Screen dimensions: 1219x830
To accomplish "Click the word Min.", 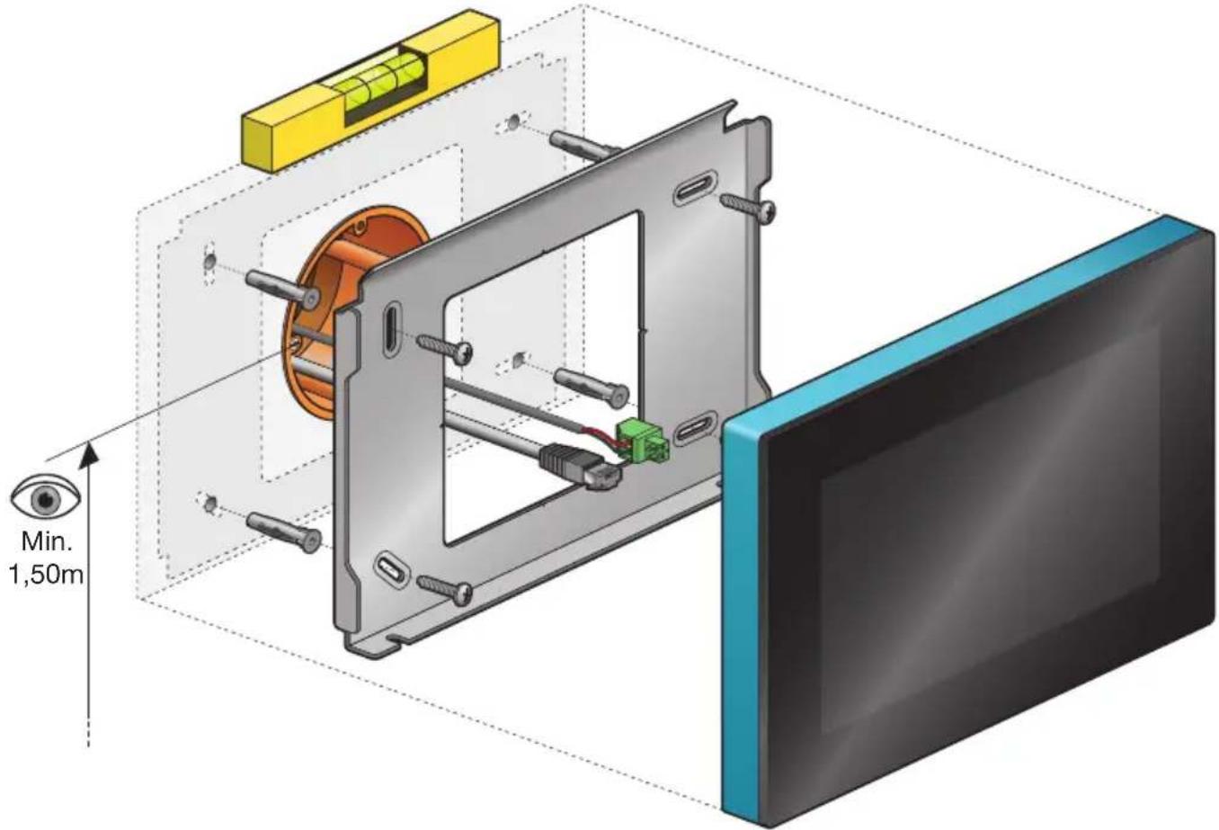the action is pos(47,541).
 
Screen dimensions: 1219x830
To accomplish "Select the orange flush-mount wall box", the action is pos(348,311).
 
